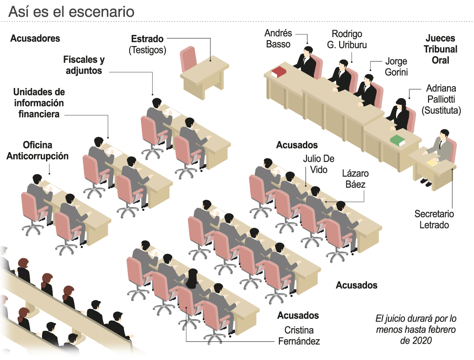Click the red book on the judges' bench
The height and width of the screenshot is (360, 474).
[x=279, y=72]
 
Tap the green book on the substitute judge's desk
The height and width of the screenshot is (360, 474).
[x=397, y=140]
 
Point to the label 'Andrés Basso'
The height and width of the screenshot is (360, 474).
[x=278, y=38]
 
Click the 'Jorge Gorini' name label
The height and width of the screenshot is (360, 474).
[x=396, y=66]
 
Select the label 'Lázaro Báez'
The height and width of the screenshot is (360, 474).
[x=355, y=179]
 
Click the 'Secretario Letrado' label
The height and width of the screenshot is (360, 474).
[x=434, y=219]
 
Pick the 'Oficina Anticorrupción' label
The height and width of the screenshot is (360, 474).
[x=38, y=150]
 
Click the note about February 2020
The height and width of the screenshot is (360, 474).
[x=415, y=329]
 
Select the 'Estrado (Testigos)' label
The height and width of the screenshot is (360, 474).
[x=147, y=44]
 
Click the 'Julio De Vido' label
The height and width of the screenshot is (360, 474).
[x=318, y=164]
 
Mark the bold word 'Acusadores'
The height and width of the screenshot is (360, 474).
[x=35, y=38]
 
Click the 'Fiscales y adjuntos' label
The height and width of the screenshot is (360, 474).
[x=84, y=65]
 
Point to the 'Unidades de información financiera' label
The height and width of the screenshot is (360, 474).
[x=39, y=103]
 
